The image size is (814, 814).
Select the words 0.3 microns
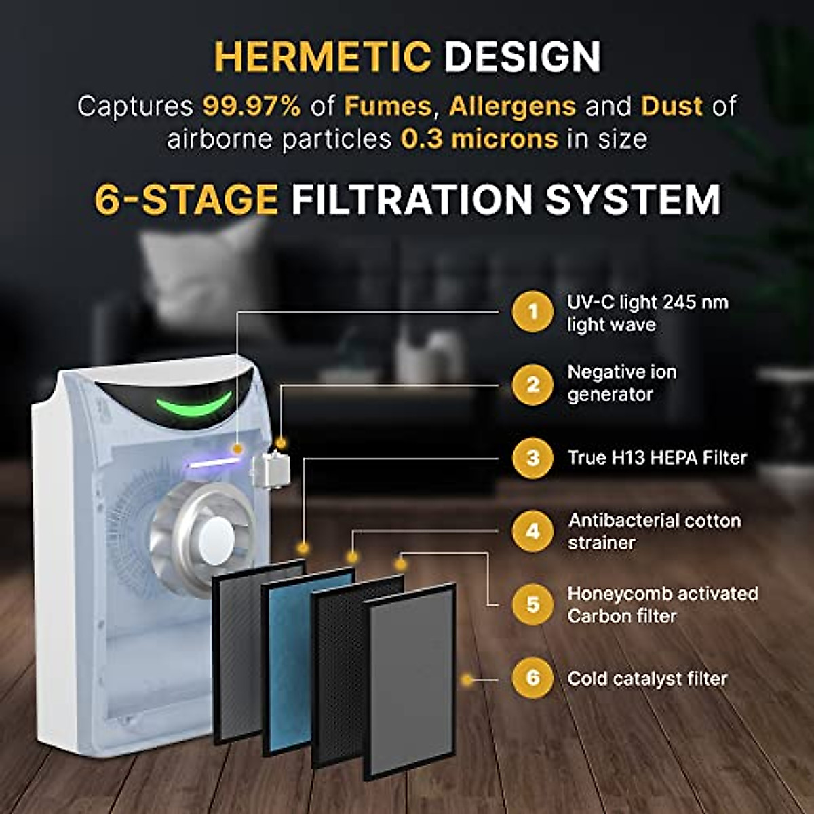(x=480, y=139)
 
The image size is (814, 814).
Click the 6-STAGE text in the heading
(x=186, y=199)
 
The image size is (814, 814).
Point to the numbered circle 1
(x=532, y=312)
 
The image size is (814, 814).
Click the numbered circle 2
(x=532, y=385)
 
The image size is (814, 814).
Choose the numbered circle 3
(x=532, y=458)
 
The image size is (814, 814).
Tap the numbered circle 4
(x=532, y=531)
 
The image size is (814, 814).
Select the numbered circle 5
(x=532, y=604)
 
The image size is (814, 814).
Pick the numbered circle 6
(x=532, y=678)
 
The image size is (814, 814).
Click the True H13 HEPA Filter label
(x=657, y=458)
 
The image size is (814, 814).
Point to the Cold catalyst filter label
(x=647, y=678)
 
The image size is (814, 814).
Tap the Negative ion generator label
(x=621, y=383)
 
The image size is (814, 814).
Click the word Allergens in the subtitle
(x=512, y=106)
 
